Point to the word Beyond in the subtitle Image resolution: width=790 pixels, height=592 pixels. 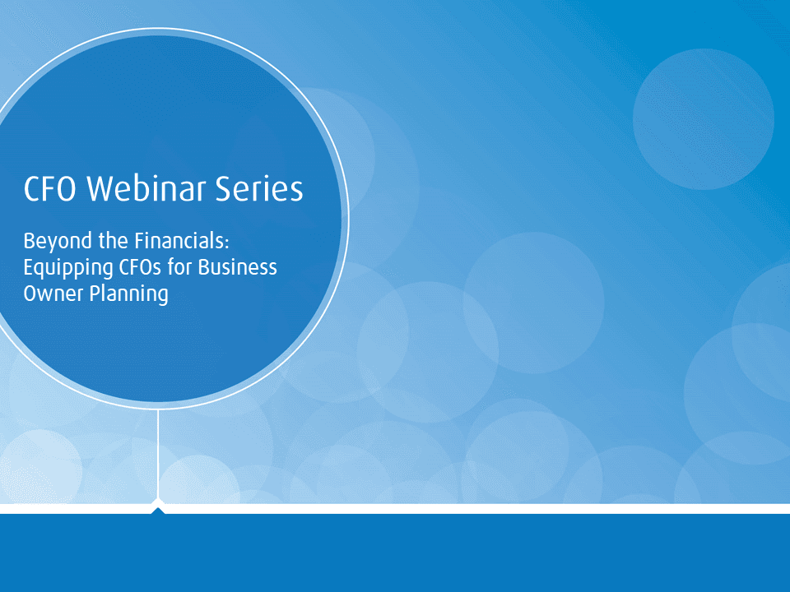(53, 242)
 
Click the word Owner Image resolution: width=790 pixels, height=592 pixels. (50, 294)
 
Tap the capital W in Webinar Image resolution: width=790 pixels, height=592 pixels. (100, 189)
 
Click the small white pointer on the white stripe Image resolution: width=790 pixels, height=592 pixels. (158, 505)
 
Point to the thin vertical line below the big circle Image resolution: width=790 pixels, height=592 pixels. (158, 452)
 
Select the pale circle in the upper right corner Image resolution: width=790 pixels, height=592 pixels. (703, 119)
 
